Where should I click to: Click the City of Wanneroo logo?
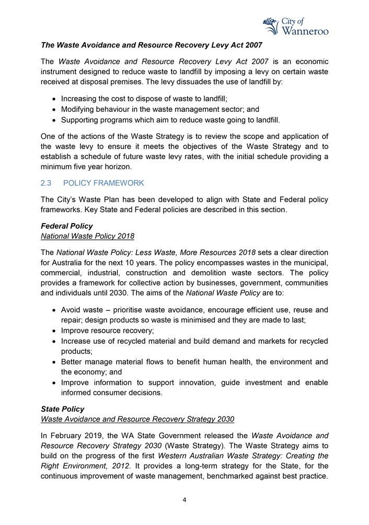point(296,25)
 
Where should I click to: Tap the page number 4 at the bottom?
point(184,499)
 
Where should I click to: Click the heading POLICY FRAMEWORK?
point(107,183)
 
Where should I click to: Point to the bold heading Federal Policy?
point(67,226)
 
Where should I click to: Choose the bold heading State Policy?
point(62,409)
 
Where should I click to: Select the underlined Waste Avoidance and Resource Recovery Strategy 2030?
point(137,419)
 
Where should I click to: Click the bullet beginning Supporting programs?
point(170,120)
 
